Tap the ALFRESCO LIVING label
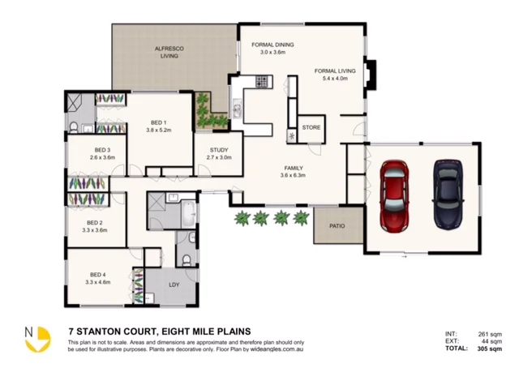pyautogui.click(x=169, y=53)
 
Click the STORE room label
pyautogui.click(x=311, y=128)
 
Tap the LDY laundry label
pyautogui.click(x=174, y=285)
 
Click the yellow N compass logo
pyautogui.click(x=34, y=339)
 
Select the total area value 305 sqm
pyautogui.click(x=489, y=349)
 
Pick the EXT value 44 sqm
pyautogui.click(x=491, y=341)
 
